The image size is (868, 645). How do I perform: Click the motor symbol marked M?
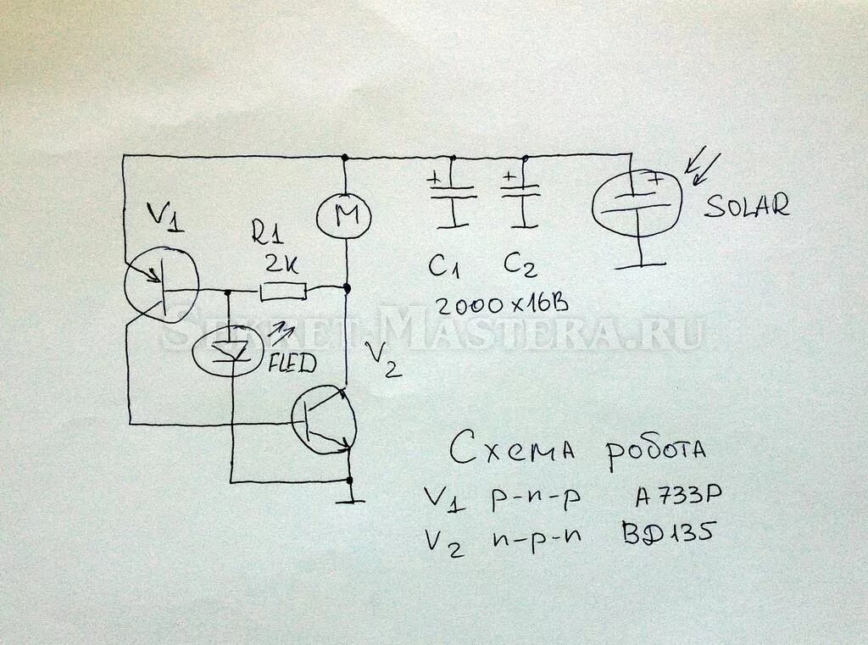(343, 215)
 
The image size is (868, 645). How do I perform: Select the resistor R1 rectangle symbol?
(282, 292)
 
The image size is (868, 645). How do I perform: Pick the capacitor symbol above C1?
(453, 196)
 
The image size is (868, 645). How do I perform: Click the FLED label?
(292, 365)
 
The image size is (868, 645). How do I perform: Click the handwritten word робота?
(655, 448)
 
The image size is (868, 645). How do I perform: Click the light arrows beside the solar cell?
(704, 167)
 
